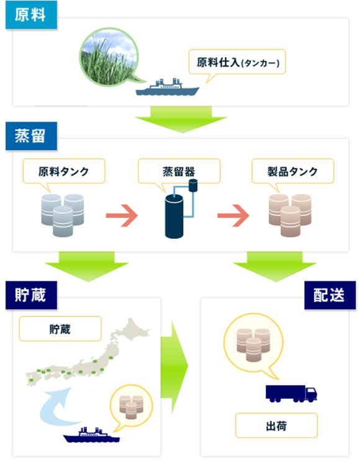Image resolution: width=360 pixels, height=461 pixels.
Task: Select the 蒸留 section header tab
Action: click(x=30, y=135)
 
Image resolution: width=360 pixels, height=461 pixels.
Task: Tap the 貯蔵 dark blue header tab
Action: click(x=30, y=294)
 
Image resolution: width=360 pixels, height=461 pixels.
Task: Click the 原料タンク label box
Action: click(x=63, y=171)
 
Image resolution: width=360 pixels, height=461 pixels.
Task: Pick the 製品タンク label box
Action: click(x=292, y=171)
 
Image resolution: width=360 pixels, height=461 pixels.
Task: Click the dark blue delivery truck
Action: click(x=291, y=392)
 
